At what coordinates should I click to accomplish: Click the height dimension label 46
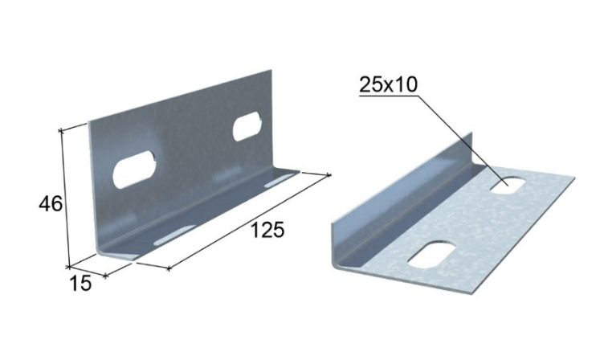50,203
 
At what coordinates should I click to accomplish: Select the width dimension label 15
80,284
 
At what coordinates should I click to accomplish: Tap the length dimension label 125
267,230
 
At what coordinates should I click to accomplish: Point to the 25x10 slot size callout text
388,84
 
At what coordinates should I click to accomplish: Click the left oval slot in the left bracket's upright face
134,170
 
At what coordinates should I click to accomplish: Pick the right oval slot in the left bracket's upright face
247,126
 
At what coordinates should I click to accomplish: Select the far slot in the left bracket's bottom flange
281,180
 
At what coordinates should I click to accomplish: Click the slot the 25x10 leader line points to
508,185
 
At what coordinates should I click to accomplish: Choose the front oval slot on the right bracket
432,254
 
